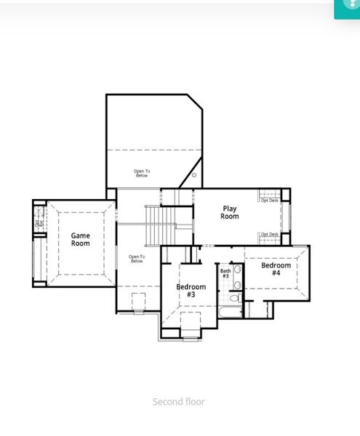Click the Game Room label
80,239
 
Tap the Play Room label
229,212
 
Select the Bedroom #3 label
191,291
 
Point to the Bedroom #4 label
276,269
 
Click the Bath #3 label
225,274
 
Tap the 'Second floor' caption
178,402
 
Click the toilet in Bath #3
235,297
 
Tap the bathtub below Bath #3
231,312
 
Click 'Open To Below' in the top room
141,173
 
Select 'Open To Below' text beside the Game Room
137,258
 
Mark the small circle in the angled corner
194,175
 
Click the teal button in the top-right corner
347,8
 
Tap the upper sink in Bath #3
238,270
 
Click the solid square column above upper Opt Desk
285,193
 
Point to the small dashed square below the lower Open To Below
138,302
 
